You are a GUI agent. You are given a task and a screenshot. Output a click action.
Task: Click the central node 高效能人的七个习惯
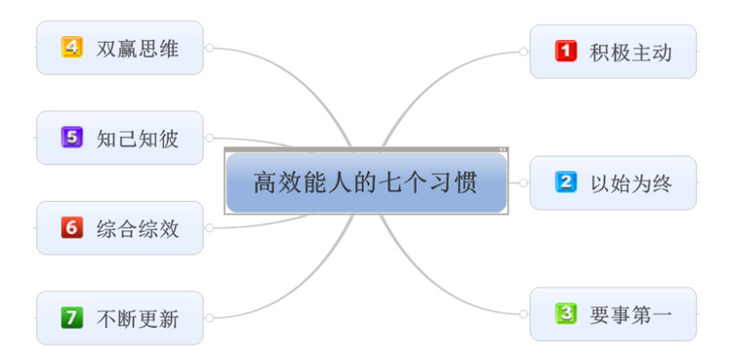pos(366,182)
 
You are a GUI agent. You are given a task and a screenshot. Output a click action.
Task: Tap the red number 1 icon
pos(566,51)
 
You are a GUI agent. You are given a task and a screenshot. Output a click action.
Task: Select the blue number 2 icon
pos(566,182)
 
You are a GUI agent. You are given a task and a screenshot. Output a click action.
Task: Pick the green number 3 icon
pos(566,313)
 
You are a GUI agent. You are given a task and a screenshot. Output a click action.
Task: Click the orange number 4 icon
pos(72,47)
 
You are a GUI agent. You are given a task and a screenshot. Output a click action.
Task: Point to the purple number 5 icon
pos(72,138)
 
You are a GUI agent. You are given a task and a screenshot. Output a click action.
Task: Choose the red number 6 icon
pos(72,227)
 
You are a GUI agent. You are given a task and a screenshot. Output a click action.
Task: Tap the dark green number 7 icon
pos(72,317)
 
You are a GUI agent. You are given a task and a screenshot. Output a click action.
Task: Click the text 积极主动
pos(630,52)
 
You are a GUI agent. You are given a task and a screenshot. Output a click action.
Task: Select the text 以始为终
pos(630,182)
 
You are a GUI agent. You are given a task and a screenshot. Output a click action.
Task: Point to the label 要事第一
pos(630,314)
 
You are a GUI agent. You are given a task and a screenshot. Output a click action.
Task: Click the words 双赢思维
pos(138,48)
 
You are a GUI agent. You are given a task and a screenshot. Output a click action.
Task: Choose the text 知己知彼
pos(138,139)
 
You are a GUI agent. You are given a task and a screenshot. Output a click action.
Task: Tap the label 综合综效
pos(138,228)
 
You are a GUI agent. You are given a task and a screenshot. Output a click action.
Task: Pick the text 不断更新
pos(138,318)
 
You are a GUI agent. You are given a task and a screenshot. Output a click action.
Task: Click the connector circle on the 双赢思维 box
pos(209,47)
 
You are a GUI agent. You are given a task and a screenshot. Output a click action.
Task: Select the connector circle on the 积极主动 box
pos(524,51)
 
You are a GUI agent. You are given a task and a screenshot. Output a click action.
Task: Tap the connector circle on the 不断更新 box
pos(209,317)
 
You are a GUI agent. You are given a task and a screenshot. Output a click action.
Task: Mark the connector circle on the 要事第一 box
pos(524,313)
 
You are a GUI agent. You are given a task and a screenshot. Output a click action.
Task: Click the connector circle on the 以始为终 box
pos(524,182)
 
